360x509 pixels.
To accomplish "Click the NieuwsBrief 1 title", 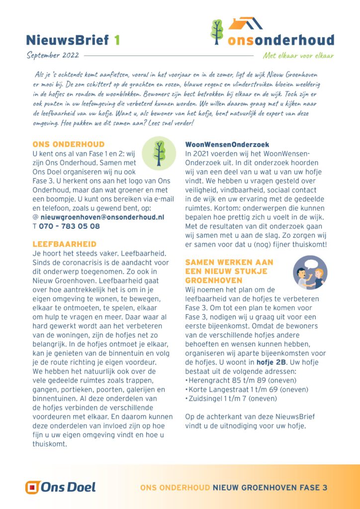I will pyautogui.click(x=73, y=40).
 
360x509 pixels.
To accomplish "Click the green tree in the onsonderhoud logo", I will pyautogui.click(x=217, y=31).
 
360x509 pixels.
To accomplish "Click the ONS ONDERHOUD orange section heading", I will pyautogui.click(x=68, y=144).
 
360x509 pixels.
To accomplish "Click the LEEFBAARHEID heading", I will pyautogui.click(x=64, y=244).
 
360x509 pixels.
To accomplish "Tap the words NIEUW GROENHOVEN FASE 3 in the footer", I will pyautogui.click(x=270, y=488).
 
